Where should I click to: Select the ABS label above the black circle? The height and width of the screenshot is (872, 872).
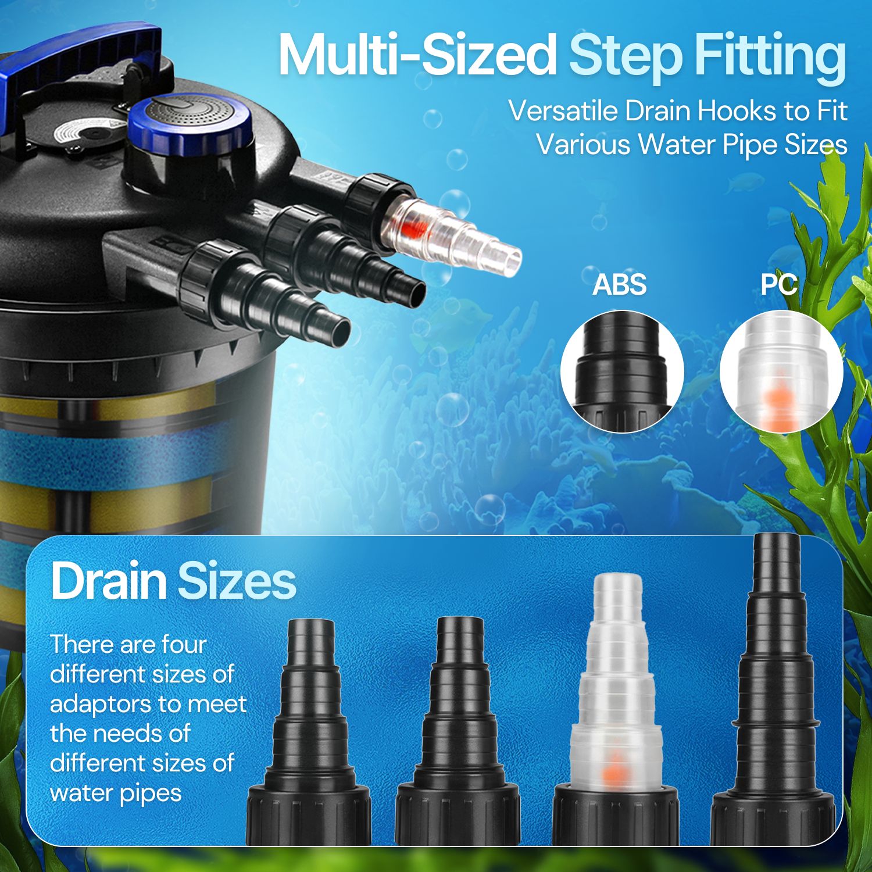pos(620,285)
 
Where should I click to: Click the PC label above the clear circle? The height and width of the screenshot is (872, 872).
pos(779,284)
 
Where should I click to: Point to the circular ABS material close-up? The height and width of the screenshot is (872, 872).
pos(622,372)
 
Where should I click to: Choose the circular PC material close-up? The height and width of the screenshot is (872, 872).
pos(781,372)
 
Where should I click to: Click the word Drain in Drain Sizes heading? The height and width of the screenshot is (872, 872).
pos(109,581)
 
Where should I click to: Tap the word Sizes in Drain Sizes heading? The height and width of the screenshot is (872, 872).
pos(237,581)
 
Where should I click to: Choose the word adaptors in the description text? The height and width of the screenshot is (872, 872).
pos(102,705)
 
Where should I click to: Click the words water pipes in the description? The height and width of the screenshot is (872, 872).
pos(116,794)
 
